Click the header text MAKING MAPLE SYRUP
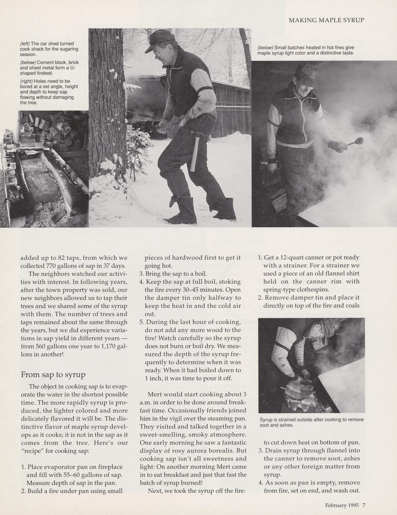click(x=326, y=20)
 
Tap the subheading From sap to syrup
click(x=53, y=374)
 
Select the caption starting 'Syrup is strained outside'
click(x=311, y=422)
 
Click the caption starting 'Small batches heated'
click(x=305, y=50)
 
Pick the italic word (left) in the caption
click(x=25, y=43)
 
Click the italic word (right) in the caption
click(x=26, y=81)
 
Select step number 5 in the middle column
click(x=142, y=322)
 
